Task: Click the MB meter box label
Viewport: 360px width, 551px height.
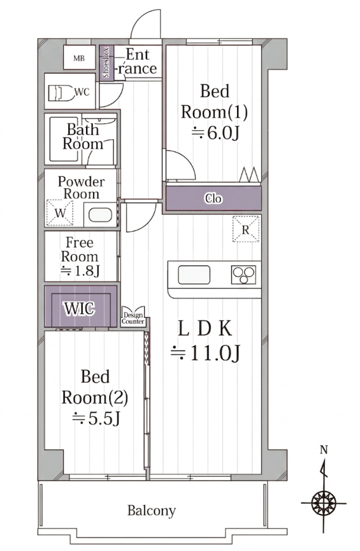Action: tap(79, 59)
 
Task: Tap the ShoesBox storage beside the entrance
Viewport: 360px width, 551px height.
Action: tap(107, 63)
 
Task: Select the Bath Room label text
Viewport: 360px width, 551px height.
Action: tap(83, 137)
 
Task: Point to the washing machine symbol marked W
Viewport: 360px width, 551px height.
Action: tap(60, 213)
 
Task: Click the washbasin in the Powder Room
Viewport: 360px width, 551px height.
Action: tap(100, 215)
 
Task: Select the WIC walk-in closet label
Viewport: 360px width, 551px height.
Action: tap(79, 309)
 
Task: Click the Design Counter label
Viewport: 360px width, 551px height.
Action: tap(133, 319)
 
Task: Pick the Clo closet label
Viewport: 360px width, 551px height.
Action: tap(214, 199)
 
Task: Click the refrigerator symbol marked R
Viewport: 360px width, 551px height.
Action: tap(246, 229)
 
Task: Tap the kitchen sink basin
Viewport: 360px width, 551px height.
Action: tap(194, 275)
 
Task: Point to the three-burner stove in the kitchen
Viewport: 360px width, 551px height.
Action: tap(243, 275)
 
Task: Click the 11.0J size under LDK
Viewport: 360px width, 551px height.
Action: tap(206, 353)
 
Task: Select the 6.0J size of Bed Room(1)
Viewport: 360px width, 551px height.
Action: tap(215, 133)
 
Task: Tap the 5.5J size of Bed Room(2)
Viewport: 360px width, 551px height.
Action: tap(96, 418)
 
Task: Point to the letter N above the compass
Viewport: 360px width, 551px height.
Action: tap(324, 450)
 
